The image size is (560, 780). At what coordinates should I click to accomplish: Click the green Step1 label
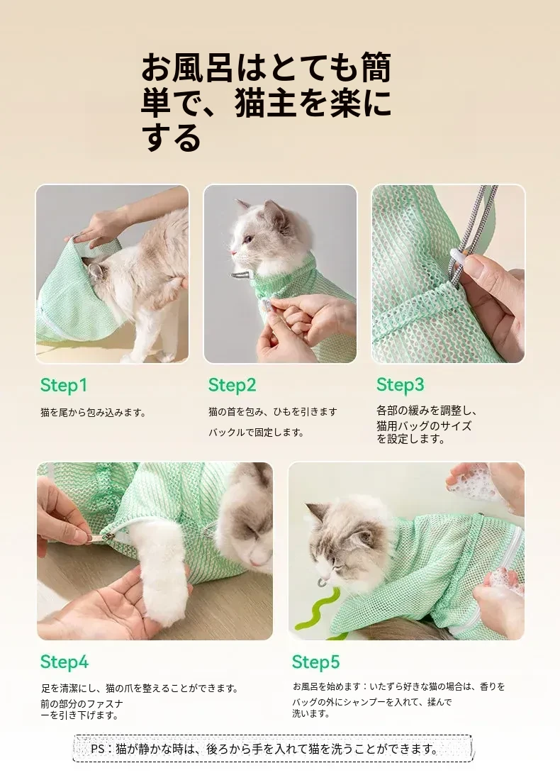coord(64,386)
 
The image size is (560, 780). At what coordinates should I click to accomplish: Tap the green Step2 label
coord(232,386)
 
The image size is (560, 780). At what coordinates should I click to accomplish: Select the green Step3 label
coord(401,385)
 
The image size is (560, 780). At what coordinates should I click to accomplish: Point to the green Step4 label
coord(65,662)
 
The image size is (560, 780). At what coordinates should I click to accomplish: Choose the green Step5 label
coord(316,662)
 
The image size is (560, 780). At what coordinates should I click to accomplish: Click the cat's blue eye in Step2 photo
coord(248,240)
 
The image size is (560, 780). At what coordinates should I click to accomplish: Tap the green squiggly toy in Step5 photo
coord(316,608)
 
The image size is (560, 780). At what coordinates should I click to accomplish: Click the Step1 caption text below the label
coord(93,413)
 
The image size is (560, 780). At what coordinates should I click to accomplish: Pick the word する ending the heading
coord(172,138)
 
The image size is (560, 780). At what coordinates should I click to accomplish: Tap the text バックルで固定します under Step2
coord(256,433)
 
